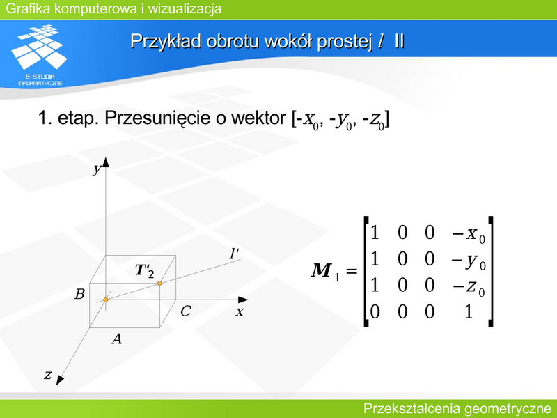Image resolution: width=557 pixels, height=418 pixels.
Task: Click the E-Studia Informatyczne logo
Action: [x=40, y=55]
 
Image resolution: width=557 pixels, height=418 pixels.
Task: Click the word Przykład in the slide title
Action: [x=166, y=42]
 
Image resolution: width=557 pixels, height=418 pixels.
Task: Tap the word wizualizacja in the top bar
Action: [x=185, y=8]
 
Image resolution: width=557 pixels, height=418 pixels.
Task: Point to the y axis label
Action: [x=97, y=169]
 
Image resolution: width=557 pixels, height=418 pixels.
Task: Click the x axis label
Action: [x=240, y=311]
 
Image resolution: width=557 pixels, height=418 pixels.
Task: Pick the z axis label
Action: [x=47, y=375]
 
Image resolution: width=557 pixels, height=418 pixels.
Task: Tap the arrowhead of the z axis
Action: [x=59, y=380]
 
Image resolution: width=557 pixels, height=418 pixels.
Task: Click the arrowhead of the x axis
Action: [x=243, y=300]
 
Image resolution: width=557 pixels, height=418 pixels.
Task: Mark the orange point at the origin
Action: [x=106, y=300]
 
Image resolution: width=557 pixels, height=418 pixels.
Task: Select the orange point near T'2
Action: [x=160, y=284]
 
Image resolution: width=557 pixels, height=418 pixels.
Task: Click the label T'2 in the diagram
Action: [x=145, y=271]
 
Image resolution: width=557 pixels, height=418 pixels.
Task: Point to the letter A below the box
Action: [x=117, y=339]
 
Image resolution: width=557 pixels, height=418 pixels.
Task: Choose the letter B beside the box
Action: [x=79, y=294]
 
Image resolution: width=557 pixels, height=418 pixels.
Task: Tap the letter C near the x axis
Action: [x=186, y=311]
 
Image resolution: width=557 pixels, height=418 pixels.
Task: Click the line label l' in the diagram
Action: [x=234, y=254]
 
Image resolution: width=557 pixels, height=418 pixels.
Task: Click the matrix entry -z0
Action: [x=468, y=286]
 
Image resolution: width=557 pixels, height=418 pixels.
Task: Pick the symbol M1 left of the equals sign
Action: [x=325, y=272]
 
